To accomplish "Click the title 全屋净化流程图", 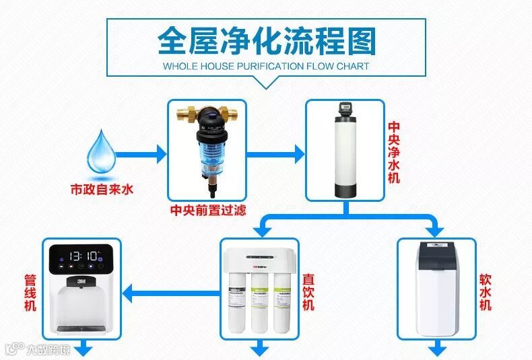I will (266, 42).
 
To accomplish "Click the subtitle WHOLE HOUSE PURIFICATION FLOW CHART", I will (266, 67).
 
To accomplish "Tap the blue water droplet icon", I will (101, 152).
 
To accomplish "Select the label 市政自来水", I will (102, 189).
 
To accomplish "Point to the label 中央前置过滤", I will (207, 210).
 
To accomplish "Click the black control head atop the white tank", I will (345, 108).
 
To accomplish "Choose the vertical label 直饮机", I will (308, 292).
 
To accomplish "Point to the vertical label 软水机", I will (485, 293).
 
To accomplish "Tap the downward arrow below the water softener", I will (438, 348).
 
